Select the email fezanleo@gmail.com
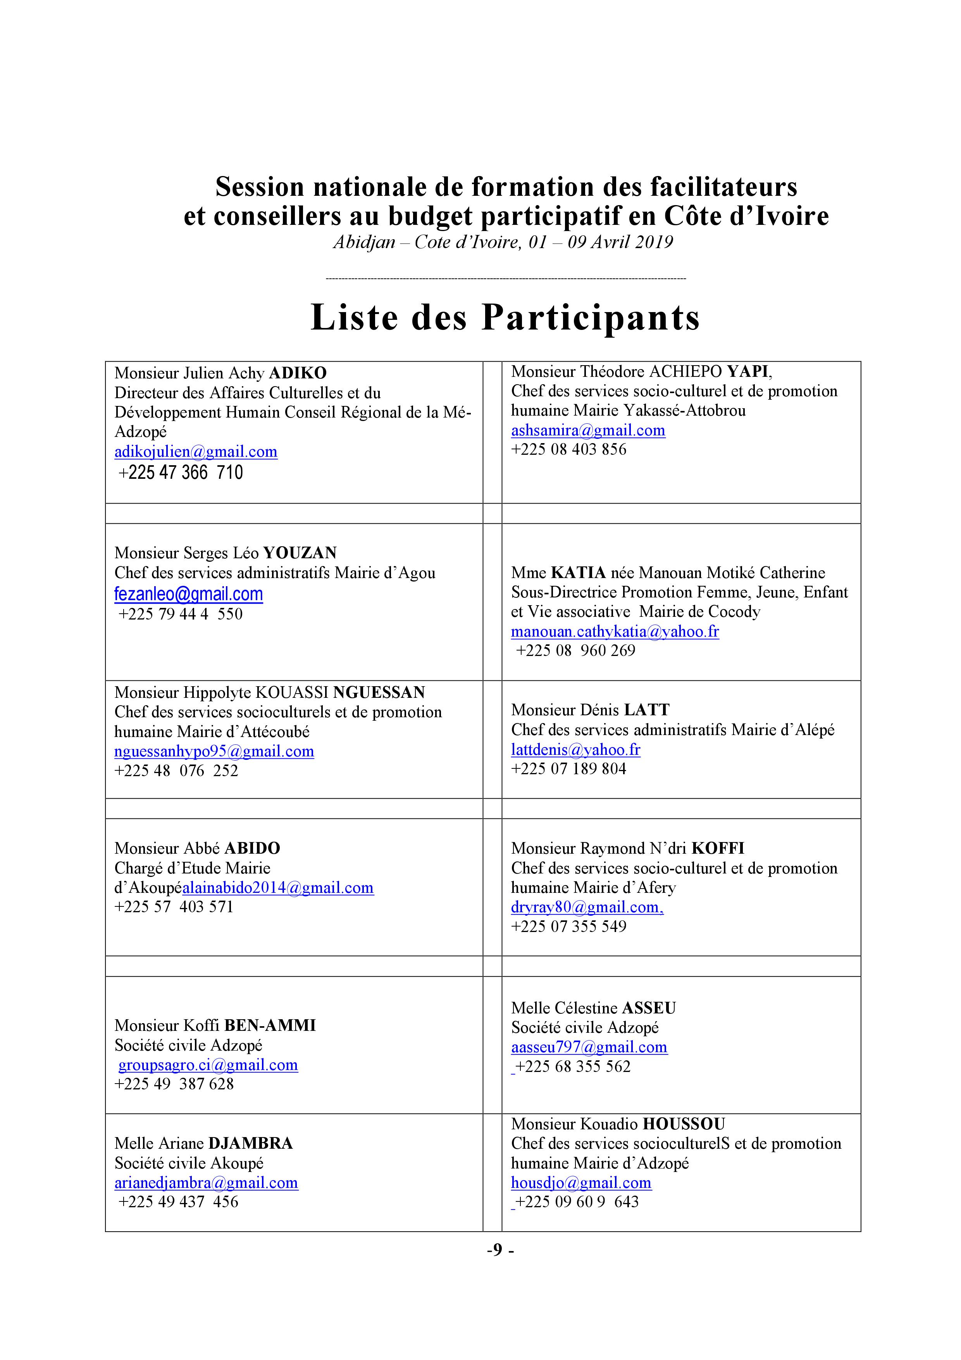[188, 594]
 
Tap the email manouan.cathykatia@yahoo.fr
[615, 632]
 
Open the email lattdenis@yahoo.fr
[575, 750]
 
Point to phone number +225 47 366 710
[181, 473]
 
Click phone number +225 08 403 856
[568, 450]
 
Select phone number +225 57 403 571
[174, 907]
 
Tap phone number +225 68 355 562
[572, 1067]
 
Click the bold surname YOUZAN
[300, 553]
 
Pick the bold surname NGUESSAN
[379, 692]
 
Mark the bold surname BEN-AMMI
[270, 1026]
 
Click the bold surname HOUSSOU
[684, 1124]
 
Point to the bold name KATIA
[578, 573]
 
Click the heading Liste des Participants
[505, 318]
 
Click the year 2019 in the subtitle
[654, 242]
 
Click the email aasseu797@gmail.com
[589, 1047]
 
